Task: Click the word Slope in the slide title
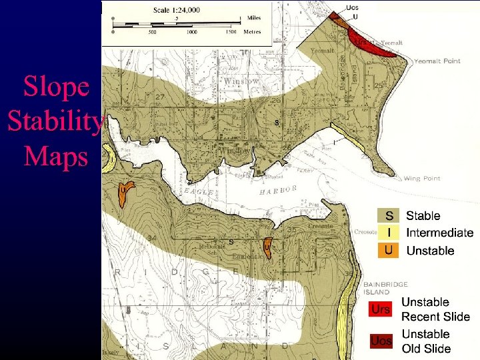(56, 86)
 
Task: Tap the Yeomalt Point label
(437, 61)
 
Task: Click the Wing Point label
(422, 179)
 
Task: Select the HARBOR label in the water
(278, 191)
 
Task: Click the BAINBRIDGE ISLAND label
(386, 288)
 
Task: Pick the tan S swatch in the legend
(388, 215)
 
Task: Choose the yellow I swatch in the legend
(388, 233)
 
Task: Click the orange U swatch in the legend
(388, 250)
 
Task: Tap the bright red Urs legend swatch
(381, 310)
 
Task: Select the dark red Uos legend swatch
(381, 341)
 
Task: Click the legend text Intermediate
(439, 233)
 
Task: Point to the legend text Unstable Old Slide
(426, 341)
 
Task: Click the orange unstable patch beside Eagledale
(267, 246)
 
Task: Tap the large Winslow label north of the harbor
(241, 81)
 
